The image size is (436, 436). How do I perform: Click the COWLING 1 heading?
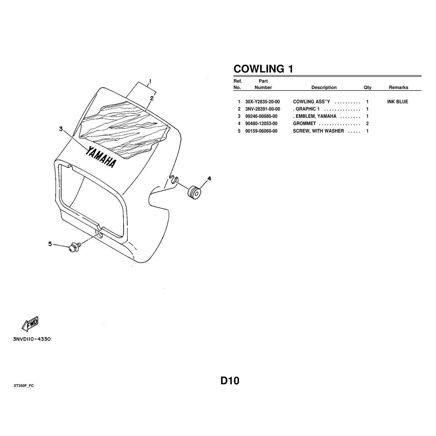click(x=263, y=69)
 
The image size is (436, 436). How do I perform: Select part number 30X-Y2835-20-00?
click(x=262, y=102)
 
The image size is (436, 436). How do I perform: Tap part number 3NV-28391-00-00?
click(x=262, y=109)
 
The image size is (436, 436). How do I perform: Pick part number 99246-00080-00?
click(x=261, y=116)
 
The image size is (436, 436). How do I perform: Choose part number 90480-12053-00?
click(x=261, y=124)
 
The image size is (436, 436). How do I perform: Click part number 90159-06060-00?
click(x=261, y=131)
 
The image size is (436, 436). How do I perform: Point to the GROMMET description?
click(x=304, y=124)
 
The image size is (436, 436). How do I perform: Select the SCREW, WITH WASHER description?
click(x=318, y=131)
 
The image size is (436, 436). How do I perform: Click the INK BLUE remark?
click(x=397, y=102)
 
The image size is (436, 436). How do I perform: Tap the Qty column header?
click(x=367, y=88)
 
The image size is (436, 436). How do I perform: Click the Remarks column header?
click(x=399, y=88)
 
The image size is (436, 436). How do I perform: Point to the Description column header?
click(x=324, y=88)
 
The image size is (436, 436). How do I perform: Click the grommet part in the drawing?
click(x=194, y=192)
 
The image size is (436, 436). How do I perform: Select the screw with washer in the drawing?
click(x=74, y=247)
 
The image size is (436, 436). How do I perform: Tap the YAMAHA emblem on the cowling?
click(x=101, y=157)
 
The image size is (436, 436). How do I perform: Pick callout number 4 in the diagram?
click(x=209, y=179)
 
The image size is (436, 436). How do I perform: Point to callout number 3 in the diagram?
click(x=61, y=129)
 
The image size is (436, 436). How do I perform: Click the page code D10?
click(x=230, y=381)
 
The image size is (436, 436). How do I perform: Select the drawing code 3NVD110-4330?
click(x=32, y=339)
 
